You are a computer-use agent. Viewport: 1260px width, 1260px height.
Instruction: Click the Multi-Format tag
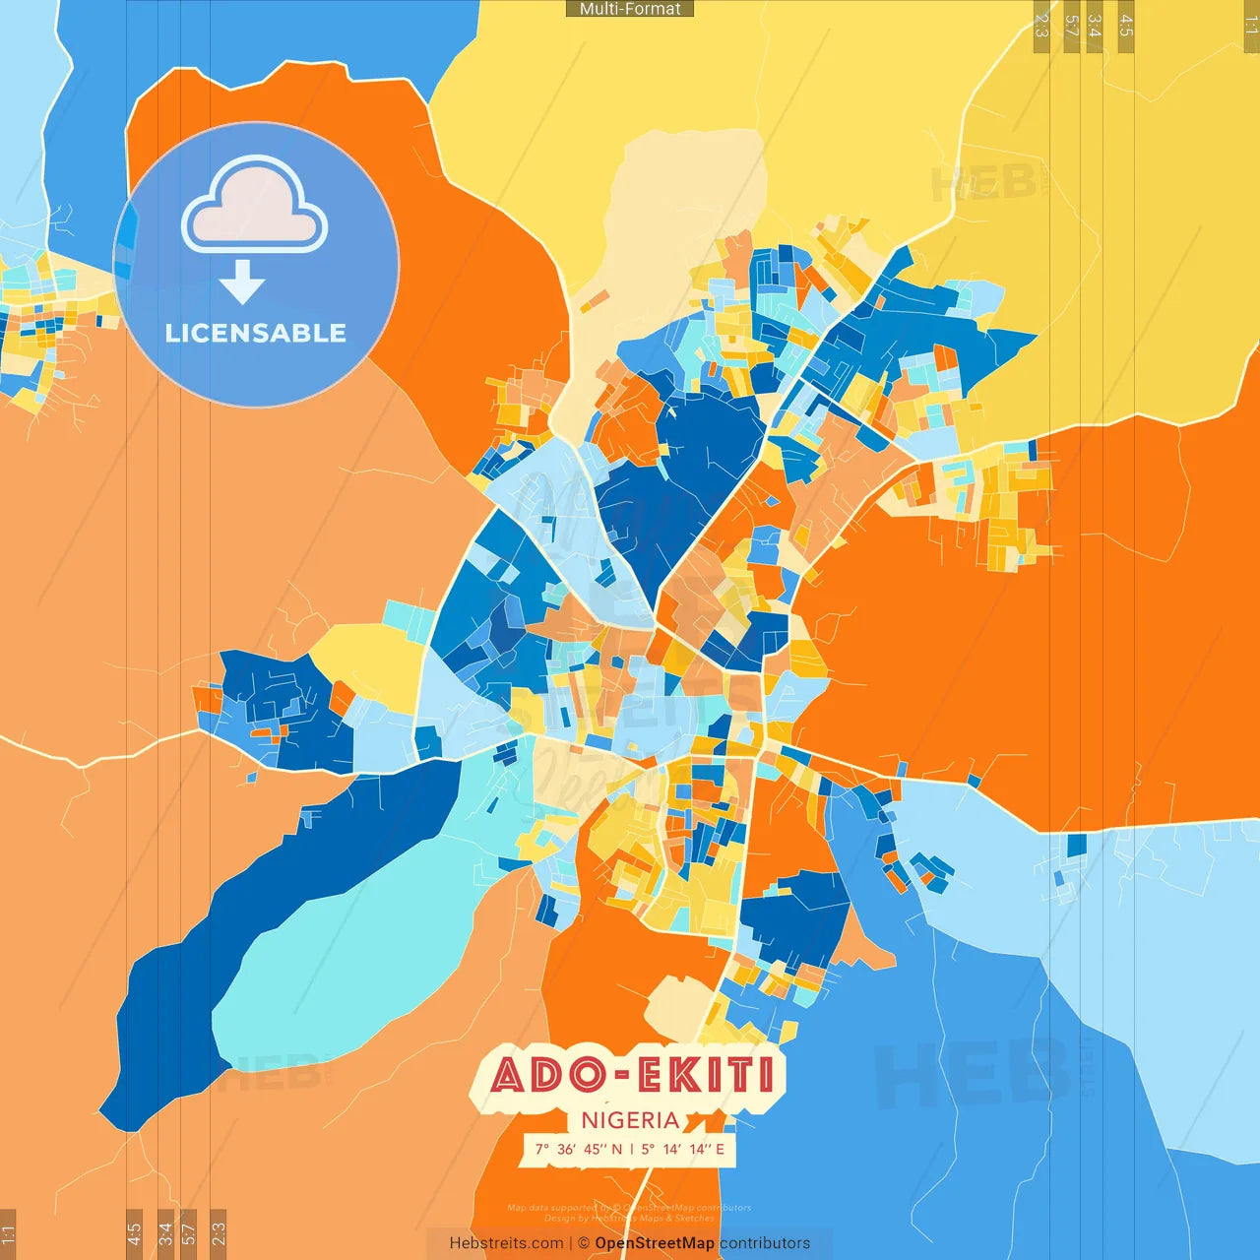pos(630,9)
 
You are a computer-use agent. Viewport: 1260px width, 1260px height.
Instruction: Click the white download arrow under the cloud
pos(242,282)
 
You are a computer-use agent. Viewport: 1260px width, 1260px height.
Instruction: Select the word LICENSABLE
pos(256,333)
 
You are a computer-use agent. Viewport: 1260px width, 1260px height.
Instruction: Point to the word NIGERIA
pos(630,1120)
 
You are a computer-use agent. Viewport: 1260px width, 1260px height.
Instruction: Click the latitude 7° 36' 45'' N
pos(579,1149)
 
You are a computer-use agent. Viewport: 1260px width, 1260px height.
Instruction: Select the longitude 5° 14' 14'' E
pos(683,1149)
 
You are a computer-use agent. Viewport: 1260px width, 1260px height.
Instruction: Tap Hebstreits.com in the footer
pos(506,1243)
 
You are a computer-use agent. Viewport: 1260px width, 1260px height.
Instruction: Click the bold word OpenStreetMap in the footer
pos(655,1243)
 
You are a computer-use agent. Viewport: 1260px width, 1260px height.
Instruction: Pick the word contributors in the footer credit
pos(765,1243)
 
